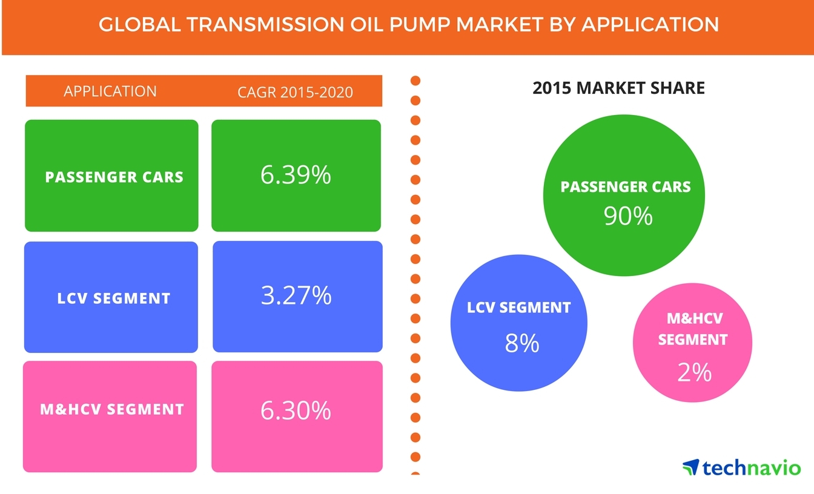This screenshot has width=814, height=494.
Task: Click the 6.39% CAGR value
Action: pyautogui.click(x=296, y=175)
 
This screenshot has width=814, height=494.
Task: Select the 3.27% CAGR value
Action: pyautogui.click(x=296, y=295)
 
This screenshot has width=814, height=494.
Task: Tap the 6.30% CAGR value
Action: pyautogui.click(x=296, y=410)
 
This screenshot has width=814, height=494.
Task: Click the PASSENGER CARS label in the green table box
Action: pyautogui.click(x=114, y=177)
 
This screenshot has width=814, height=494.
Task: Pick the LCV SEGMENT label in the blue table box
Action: pyautogui.click(x=114, y=298)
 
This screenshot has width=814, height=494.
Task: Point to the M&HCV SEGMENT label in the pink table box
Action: pyautogui.click(x=112, y=409)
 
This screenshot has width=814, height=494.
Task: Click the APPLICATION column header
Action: pyautogui.click(x=110, y=91)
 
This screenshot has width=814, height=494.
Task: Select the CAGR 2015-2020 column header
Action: pyautogui.click(x=295, y=92)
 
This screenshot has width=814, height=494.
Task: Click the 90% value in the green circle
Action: pyautogui.click(x=628, y=216)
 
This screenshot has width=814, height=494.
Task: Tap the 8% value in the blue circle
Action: pyautogui.click(x=522, y=343)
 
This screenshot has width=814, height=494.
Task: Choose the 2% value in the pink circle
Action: pyautogui.click(x=694, y=372)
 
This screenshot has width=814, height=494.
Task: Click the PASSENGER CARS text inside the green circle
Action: pyautogui.click(x=626, y=186)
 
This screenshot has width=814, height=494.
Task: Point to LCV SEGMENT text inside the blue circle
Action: pyautogui.click(x=518, y=308)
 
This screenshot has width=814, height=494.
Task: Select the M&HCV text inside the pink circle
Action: pyautogui.click(x=695, y=318)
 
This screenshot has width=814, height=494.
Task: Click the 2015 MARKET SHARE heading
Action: pyautogui.click(x=618, y=88)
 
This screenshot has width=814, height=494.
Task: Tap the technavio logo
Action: pyautogui.click(x=741, y=467)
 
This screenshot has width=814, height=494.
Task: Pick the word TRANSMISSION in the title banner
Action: pyautogui.click(x=265, y=25)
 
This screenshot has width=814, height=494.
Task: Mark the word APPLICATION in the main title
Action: pyautogui.click(x=650, y=25)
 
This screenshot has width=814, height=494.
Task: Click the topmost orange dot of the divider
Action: pyautogui.click(x=415, y=81)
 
